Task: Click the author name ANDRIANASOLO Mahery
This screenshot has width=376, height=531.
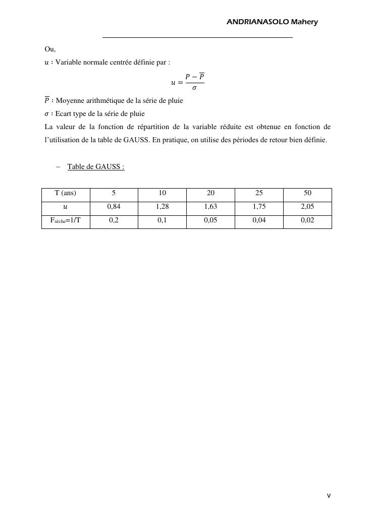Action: [x=272, y=22]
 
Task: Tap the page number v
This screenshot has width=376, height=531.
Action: [x=329, y=496]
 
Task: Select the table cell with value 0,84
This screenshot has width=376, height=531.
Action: [x=114, y=206]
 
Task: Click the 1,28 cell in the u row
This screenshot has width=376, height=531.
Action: [x=162, y=206]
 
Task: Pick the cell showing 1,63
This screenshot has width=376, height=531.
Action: [x=210, y=206]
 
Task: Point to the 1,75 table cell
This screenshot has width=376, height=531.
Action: [x=259, y=206]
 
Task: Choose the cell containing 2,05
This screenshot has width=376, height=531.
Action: [x=307, y=206]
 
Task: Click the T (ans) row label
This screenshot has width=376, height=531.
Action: [x=65, y=193]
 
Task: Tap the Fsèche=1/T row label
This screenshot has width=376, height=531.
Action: [x=65, y=220]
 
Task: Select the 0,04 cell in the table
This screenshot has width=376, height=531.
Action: [x=259, y=220]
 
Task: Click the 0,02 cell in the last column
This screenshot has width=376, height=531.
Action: [x=307, y=220]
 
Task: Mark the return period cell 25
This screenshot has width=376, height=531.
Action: [x=259, y=193]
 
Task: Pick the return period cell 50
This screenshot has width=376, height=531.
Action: [x=307, y=193]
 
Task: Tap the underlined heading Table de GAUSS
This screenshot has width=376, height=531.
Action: [x=95, y=166]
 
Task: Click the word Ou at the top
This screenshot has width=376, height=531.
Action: [x=49, y=49]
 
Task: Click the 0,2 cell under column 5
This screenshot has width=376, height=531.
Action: [x=114, y=220]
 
